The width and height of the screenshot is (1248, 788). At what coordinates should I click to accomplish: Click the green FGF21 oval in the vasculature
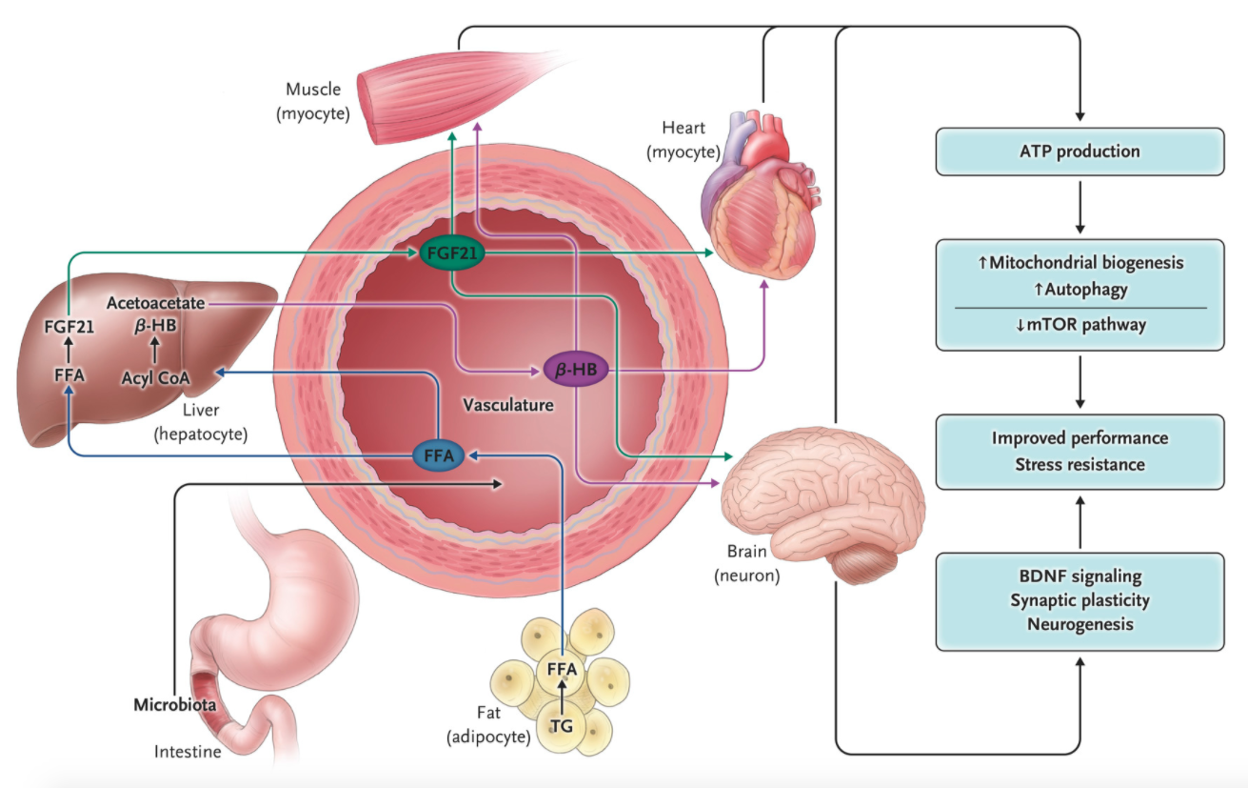click(x=452, y=253)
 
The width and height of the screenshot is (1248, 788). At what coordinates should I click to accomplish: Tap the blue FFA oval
click(x=438, y=456)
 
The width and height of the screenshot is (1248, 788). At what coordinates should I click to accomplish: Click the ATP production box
click(x=1080, y=152)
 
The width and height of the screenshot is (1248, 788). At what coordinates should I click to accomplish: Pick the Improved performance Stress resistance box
click(x=1080, y=452)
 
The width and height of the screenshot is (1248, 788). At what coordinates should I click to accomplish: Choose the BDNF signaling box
click(x=1080, y=600)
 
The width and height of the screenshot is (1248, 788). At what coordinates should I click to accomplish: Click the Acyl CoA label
click(x=155, y=377)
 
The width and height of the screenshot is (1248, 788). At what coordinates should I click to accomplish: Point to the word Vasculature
click(x=507, y=405)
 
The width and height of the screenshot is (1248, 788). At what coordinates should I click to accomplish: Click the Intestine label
click(x=188, y=753)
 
